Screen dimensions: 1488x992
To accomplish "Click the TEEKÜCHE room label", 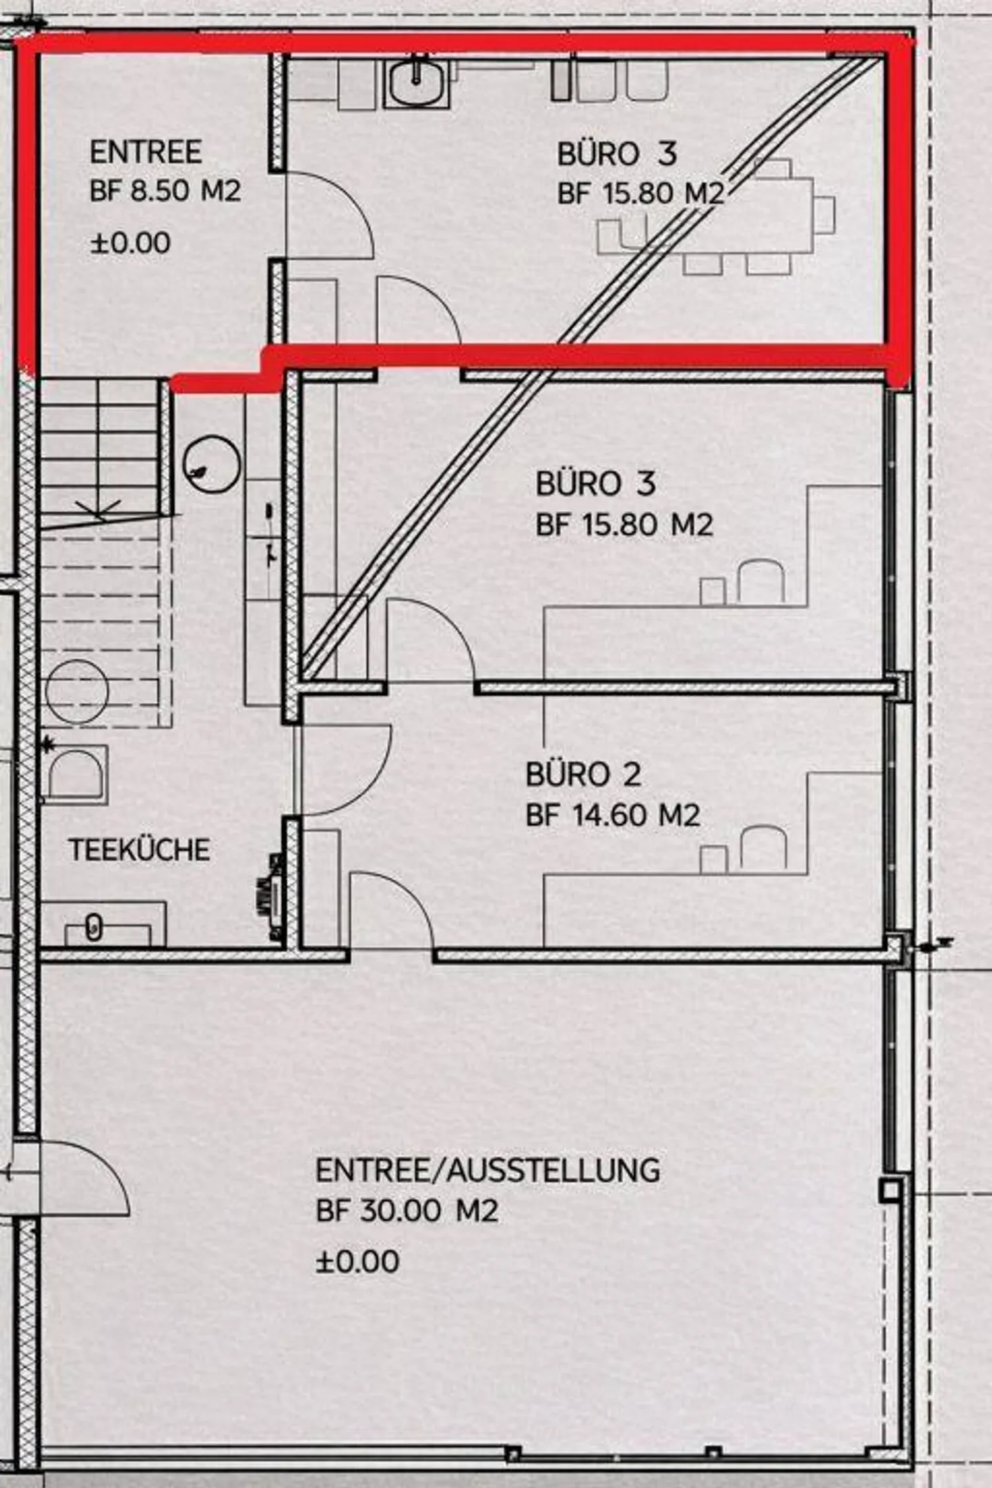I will coord(139,850).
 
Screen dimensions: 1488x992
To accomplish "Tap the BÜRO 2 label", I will coord(583,774).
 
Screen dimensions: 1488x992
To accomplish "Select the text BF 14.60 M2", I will coord(612,816).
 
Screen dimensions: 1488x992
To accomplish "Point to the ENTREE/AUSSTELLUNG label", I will coord(488,1170).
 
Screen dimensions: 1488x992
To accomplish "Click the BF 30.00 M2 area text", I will coord(406,1211).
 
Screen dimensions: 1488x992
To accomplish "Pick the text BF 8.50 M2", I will coord(165,191).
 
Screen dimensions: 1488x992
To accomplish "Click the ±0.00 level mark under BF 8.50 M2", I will coord(130,243).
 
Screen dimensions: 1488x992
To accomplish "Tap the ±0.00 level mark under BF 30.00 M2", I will coord(358,1262).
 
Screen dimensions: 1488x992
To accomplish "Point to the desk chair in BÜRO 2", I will coord(763,846).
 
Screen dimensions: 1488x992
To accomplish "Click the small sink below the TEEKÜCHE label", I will coord(94,929).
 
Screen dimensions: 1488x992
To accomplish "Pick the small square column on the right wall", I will coord(890,1189).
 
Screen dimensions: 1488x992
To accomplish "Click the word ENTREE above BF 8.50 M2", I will coord(145,152).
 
